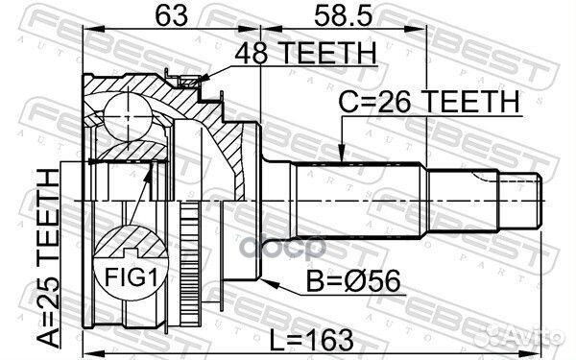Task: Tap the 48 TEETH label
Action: [304, 56]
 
